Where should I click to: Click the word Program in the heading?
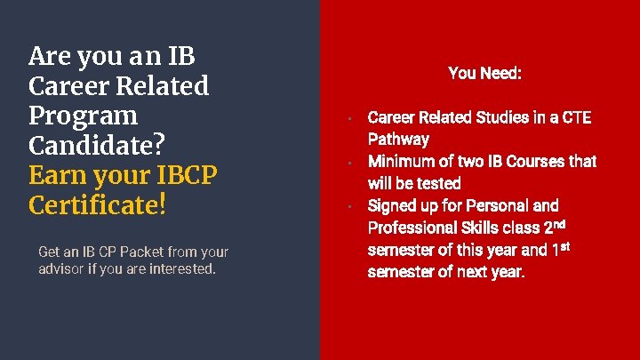tap(84, 116)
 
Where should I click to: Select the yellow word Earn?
tap(60, 175)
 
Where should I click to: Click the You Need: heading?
tap(484, 73)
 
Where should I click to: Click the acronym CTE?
tap(574, 117)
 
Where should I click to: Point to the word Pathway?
tap(398, 140)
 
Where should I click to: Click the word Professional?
tap(409, 228)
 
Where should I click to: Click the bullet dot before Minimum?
tap(352, 163)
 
